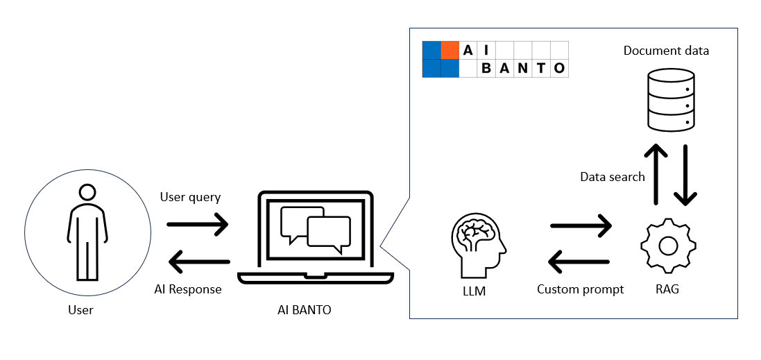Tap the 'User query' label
[190, 197]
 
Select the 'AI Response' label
[188, 289]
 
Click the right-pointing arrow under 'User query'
[198, 223]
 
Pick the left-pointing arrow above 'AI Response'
[199, 262]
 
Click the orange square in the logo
[450, 50]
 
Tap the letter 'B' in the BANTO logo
[486, 68]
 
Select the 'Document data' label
[666, 51]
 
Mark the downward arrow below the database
[685, 175]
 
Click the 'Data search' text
[613, 177]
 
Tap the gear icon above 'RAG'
[667, 246]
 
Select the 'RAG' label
[667, 289]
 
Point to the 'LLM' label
[474, 291]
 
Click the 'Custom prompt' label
[581, 289]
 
